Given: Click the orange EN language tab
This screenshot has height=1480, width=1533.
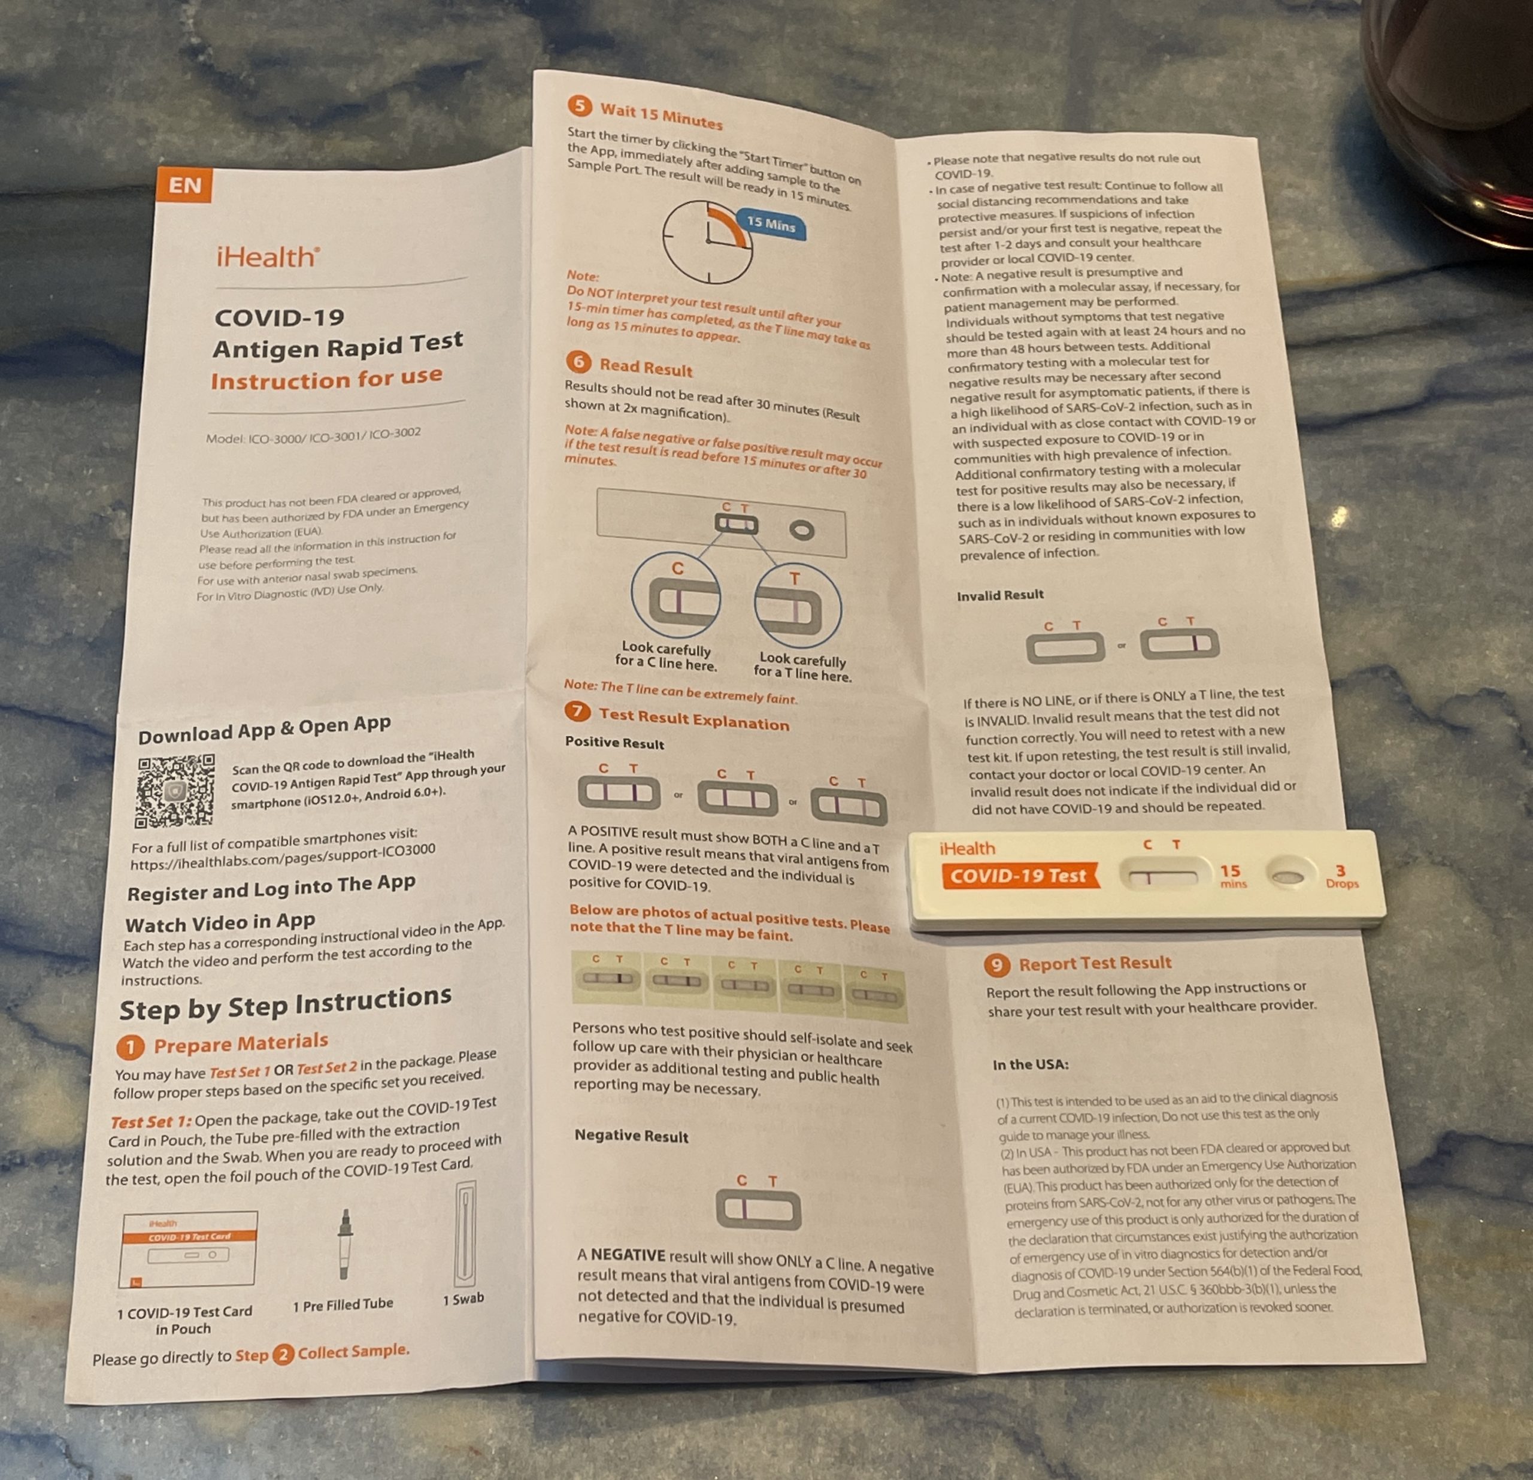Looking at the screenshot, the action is (184, 186).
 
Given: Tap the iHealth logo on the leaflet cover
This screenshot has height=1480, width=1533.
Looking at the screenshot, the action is (268, 256).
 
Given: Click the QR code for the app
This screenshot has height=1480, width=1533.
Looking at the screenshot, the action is (175, 791).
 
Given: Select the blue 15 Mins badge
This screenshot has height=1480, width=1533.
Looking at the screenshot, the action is (771, 225).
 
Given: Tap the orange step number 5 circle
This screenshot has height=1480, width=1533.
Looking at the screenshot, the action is (579, 105).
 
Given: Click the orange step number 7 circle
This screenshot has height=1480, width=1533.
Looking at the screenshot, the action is (577, 711).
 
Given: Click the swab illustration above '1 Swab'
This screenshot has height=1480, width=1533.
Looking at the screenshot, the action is (465, 1235).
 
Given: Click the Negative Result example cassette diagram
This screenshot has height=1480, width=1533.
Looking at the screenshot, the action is (758, 1209).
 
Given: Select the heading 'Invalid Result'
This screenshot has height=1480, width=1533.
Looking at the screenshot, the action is (999, 595).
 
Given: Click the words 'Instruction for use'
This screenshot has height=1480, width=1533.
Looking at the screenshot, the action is (326, 379).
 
